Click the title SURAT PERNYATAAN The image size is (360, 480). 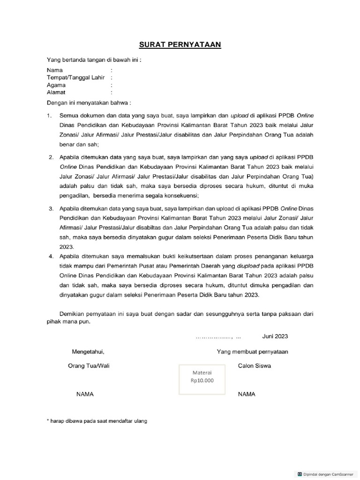(x=180, y=45)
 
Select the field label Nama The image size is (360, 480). (x=55, y=70)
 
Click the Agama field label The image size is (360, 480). (x=56, y=85)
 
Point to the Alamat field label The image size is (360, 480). (x=56, y=93)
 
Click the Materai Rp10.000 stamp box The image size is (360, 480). (x=202, y=377)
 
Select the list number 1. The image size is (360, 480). (x=49, y=115)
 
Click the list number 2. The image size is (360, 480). (x=50, y=156)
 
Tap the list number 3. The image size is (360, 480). (x=50, y=207)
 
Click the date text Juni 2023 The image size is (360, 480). (x=275, y=337)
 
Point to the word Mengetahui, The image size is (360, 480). (x=88, y=352)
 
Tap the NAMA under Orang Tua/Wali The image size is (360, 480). (x=85, y=395)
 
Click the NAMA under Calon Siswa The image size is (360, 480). (x=247, y=395)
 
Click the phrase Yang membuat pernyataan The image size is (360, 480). (x=252, y=352)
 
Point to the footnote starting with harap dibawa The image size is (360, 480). (x=97, y=421)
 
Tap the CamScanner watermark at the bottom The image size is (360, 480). (x=324, y=474)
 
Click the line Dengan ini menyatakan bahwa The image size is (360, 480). (x=89, y=103)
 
